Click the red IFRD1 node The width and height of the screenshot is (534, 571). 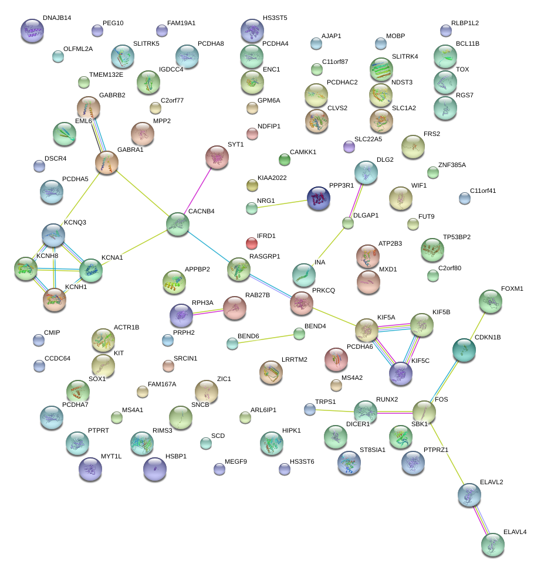point(251,243)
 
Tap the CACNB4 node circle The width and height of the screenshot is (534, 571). point(178,225)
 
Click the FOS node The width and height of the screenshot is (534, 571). point(424,412)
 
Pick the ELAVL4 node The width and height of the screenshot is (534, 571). point(492,543)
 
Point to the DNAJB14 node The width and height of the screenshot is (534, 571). point(32,30)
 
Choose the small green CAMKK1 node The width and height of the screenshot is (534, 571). point(285,159)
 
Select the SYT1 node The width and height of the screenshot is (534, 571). point(217,157)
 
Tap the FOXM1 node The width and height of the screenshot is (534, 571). point(491,301)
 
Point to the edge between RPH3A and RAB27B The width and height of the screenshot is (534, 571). point(208,311)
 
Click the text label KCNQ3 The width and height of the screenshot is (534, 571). point(75,223)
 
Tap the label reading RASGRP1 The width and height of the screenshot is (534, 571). point(265,256)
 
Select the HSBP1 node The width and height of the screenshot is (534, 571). point(154,468)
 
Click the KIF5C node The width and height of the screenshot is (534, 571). point(401,373)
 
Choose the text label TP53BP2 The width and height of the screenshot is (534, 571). point(457,237)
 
